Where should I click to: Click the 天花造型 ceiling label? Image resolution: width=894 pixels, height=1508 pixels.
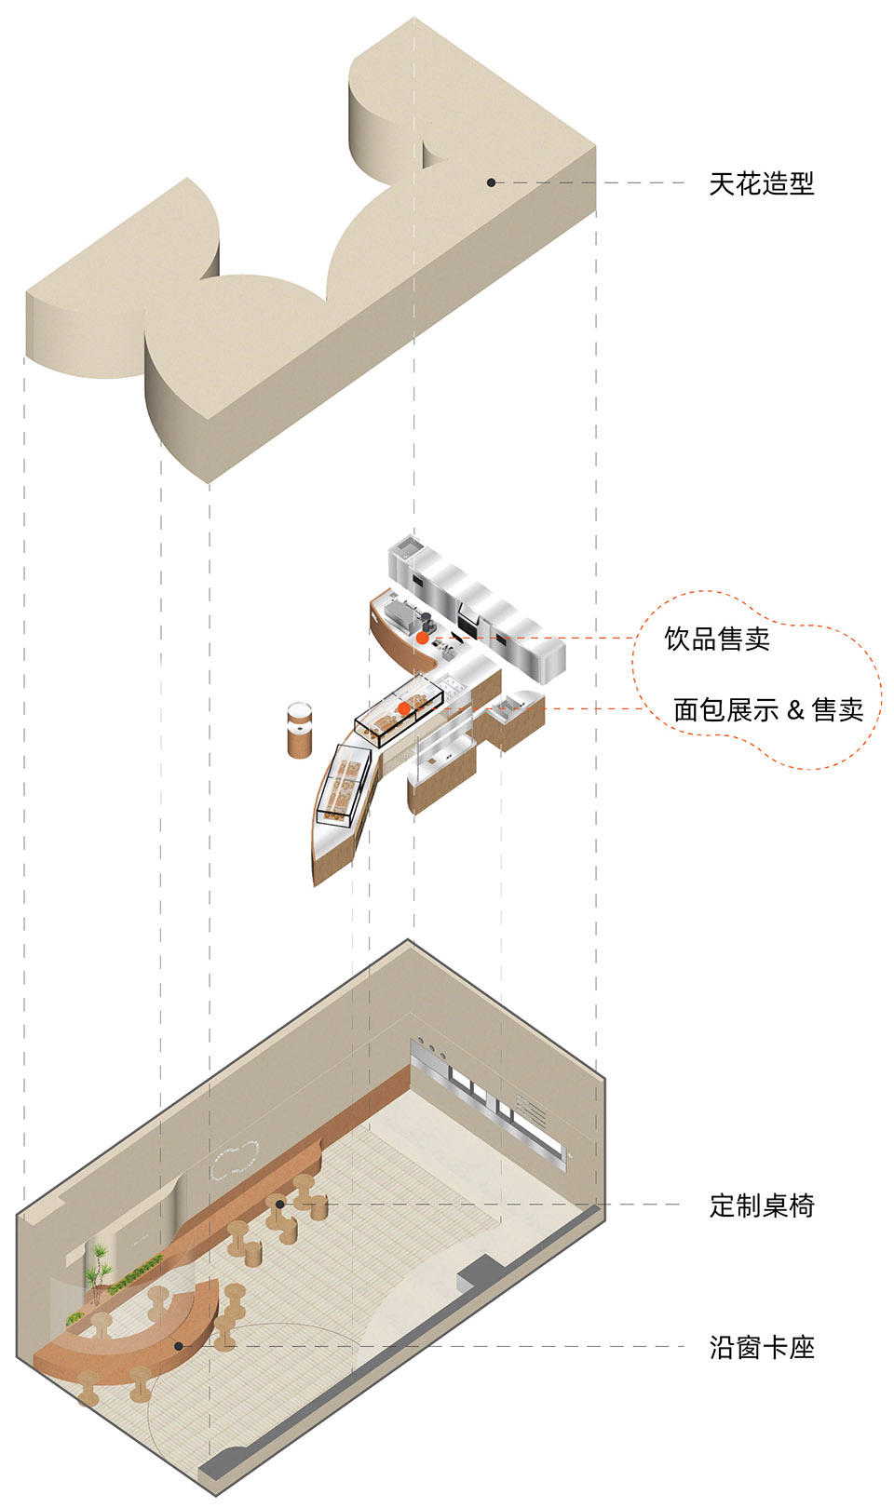[761, 183]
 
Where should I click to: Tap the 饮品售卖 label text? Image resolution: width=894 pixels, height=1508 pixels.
[717, 639]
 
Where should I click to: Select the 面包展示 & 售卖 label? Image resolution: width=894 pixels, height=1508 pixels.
[768, 710]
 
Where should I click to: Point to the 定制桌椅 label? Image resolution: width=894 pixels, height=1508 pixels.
[761, 1205]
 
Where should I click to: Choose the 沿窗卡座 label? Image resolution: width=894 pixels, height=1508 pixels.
[761, 1347]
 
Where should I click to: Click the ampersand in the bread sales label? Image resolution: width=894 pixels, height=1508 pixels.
[795, 711]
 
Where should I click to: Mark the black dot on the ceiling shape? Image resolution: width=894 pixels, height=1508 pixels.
[492, 182]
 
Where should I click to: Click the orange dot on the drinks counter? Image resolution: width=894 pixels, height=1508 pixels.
[422, 639]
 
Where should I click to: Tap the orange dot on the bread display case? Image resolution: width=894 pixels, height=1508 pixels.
[404, 708]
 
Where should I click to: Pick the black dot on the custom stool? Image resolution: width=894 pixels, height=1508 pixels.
[279, 1205]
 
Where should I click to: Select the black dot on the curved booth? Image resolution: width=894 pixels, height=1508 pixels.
[178, 1345]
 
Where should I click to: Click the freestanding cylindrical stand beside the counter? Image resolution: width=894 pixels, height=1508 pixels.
[300, 731]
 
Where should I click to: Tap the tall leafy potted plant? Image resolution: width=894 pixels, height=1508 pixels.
[98, 1266]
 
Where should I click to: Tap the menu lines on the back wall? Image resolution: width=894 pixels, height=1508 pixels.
[532, 1109]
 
